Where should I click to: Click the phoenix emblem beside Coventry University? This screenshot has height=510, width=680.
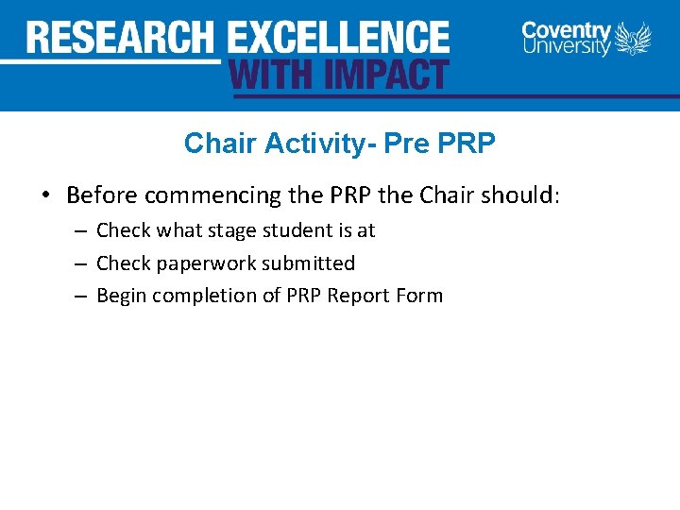(634, 39)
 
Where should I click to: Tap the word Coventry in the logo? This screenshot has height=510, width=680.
(567, 29)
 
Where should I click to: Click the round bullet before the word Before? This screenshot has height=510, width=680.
(45, 196)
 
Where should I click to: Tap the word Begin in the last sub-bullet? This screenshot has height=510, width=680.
(121, 296)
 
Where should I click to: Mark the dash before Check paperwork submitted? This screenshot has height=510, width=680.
(81, 263)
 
